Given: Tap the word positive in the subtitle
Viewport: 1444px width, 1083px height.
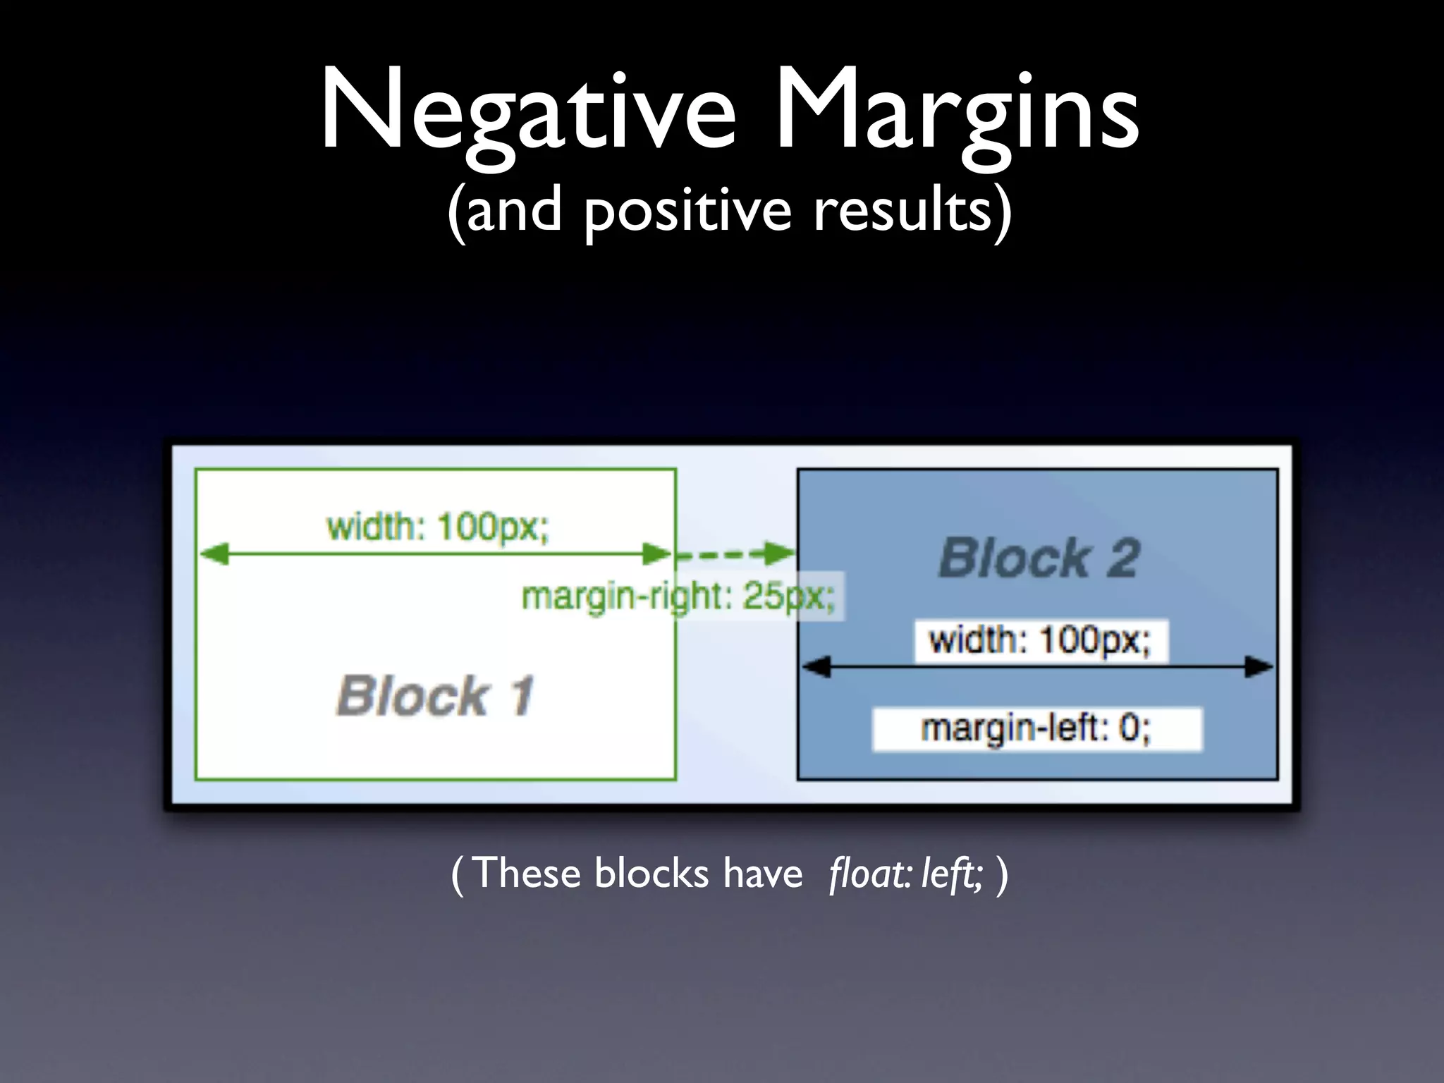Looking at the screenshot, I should click(x=688, y=210).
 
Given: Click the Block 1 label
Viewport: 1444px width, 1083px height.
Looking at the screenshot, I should click(x=435, y=696).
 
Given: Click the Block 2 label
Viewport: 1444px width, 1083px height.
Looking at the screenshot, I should click(x=1039, y=558).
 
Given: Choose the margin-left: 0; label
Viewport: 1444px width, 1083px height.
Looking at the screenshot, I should click(x=1036, y=728).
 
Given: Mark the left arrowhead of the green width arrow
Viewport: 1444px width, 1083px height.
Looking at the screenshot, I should click(x=214, y=554).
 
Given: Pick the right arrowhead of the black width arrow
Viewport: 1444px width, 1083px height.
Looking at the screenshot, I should click(x=1259, y=666).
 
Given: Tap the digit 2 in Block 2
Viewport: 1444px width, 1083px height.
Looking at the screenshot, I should click(x=1122, y=558).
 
